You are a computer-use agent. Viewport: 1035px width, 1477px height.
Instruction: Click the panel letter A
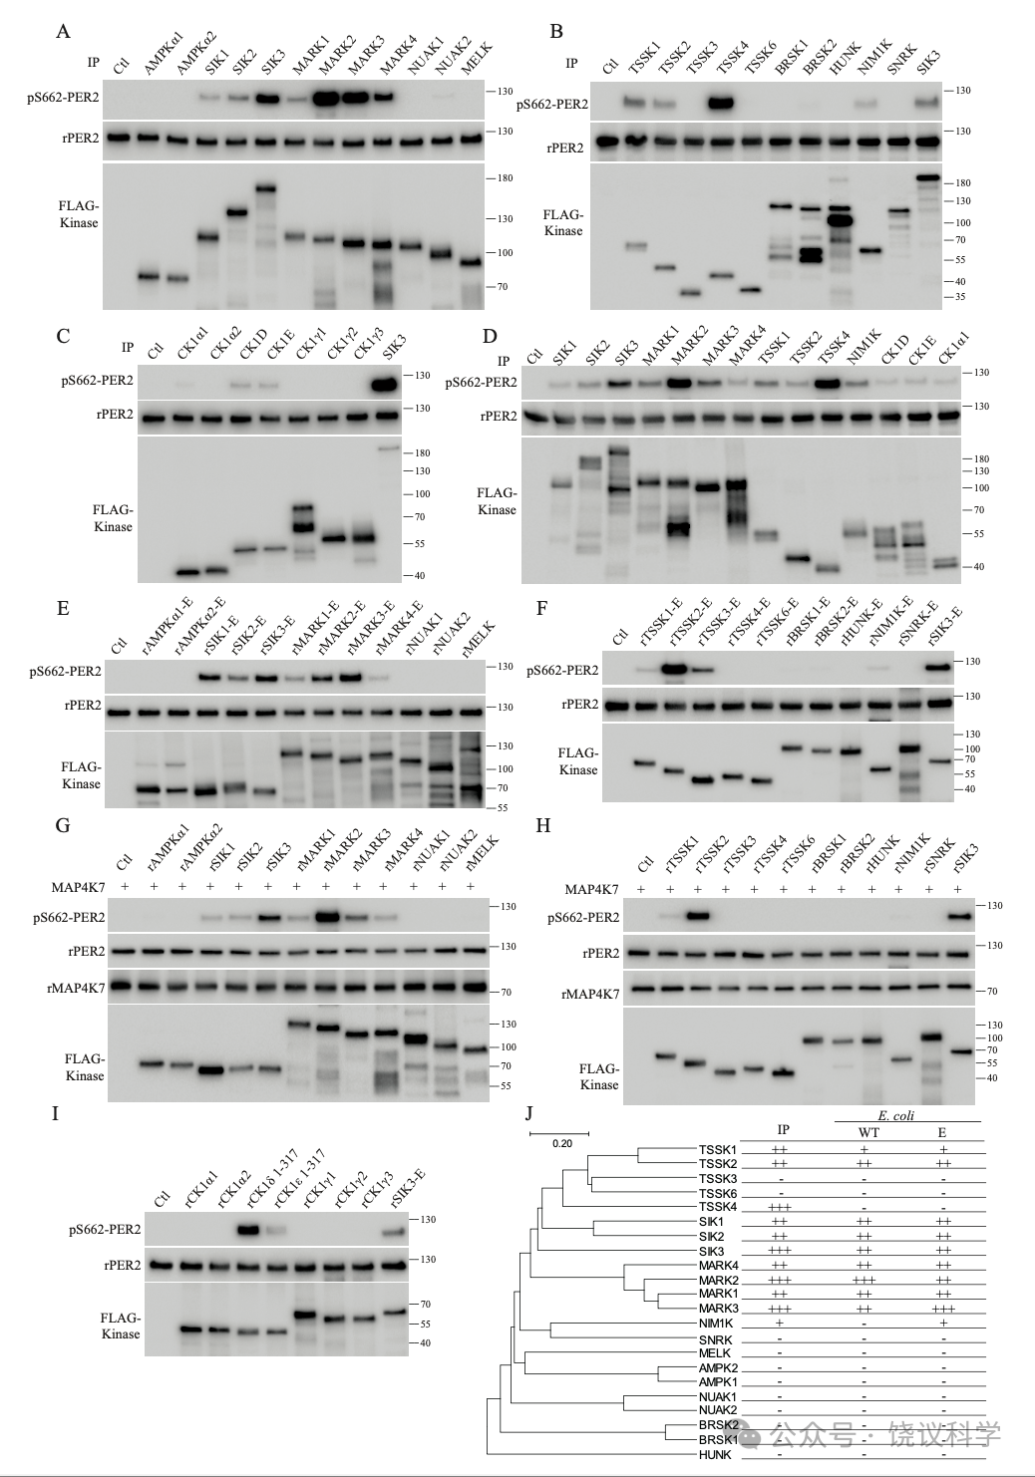63,32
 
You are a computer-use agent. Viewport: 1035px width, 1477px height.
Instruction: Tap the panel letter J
528,1113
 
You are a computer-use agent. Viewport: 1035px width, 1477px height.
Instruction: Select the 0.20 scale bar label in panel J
562,1143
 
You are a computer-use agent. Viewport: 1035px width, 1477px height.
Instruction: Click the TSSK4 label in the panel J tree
718,1207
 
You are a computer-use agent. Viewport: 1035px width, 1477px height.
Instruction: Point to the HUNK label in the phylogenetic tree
715,1454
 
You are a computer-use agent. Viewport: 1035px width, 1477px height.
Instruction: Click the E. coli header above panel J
895,1115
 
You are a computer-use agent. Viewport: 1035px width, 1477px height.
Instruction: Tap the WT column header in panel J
863,1132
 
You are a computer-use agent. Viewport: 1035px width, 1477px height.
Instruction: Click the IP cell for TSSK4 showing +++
781,1207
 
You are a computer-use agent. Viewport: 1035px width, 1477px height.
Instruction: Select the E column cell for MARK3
943,1309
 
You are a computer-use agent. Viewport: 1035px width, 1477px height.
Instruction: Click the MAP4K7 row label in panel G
78,888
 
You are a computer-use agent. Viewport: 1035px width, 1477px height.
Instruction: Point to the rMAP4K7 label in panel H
590,994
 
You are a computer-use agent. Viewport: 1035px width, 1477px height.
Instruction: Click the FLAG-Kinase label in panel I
121,1326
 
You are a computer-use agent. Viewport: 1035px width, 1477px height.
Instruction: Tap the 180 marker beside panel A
505,178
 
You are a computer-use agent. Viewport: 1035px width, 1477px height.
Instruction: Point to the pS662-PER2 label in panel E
65,672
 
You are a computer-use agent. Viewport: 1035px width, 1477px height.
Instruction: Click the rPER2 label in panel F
580,705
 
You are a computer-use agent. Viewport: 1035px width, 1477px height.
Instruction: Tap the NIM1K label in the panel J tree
716,1324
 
